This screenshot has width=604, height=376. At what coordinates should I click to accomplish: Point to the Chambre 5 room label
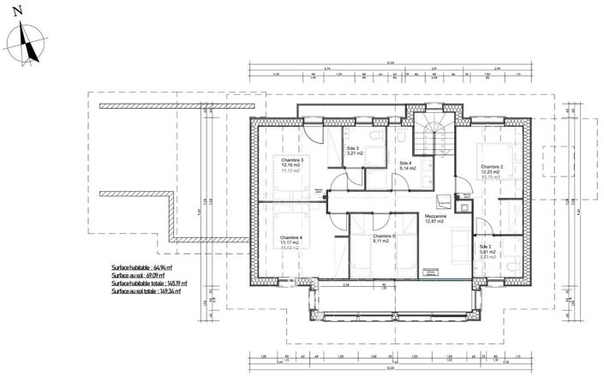pyautogui.click(x=382, y=236)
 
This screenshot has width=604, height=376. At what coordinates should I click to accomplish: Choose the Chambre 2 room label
pyautogui.click(x=492, y=166)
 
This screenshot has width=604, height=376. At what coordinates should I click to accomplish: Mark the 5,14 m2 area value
pyautogui.click(x=406, y=169)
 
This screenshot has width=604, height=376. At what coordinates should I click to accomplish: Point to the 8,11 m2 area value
pyautogui.click(x=381, y=242)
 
